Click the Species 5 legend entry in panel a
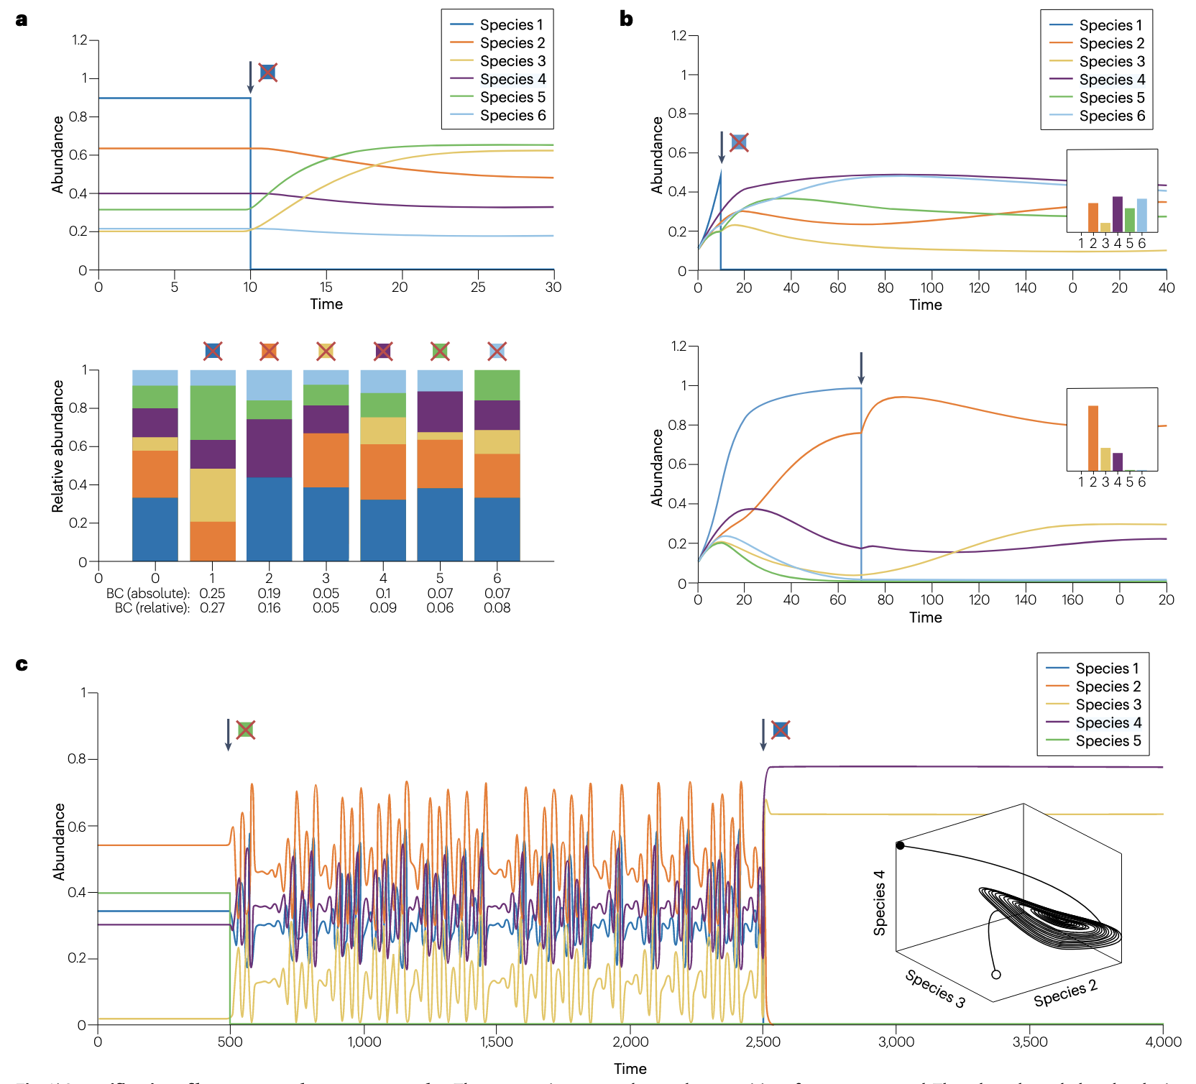pyautogui.click(x=512, y=97)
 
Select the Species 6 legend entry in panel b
pyautogui.click(x=1111, y=116)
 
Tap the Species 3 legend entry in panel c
pyautogui.click(x=1108, y=704)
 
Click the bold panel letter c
pyautogui.click(x=22, y=664)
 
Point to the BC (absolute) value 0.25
pyautogui.click(x=212, y=594)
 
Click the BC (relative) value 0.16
pyautogui.click(x=269, y=608)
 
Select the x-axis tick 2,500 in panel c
pyautogui.click(x=763, y=1042)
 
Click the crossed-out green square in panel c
pyautogui.click(x=245, y=730)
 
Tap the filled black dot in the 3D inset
pyautogui.click(x=900, y=845)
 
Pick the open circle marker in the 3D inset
pyautogui.click(x=996, y=975)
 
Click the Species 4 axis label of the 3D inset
pyautogui.click(x=879, y=903)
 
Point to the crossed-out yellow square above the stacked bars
pyautogui.click(x=326, y=351)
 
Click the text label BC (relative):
pyautogui.click(x=152, y=608)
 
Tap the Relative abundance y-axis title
pyautogui.click(x=57, y=446)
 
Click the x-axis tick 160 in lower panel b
pyautogui.click(x=1072, y=600)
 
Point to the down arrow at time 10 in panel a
pyautogui.click(x=250, y=77)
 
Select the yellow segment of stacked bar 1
pyautogui.click(x=212, y=495)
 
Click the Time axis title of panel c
pyautogui.click(x=630, y=1069)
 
